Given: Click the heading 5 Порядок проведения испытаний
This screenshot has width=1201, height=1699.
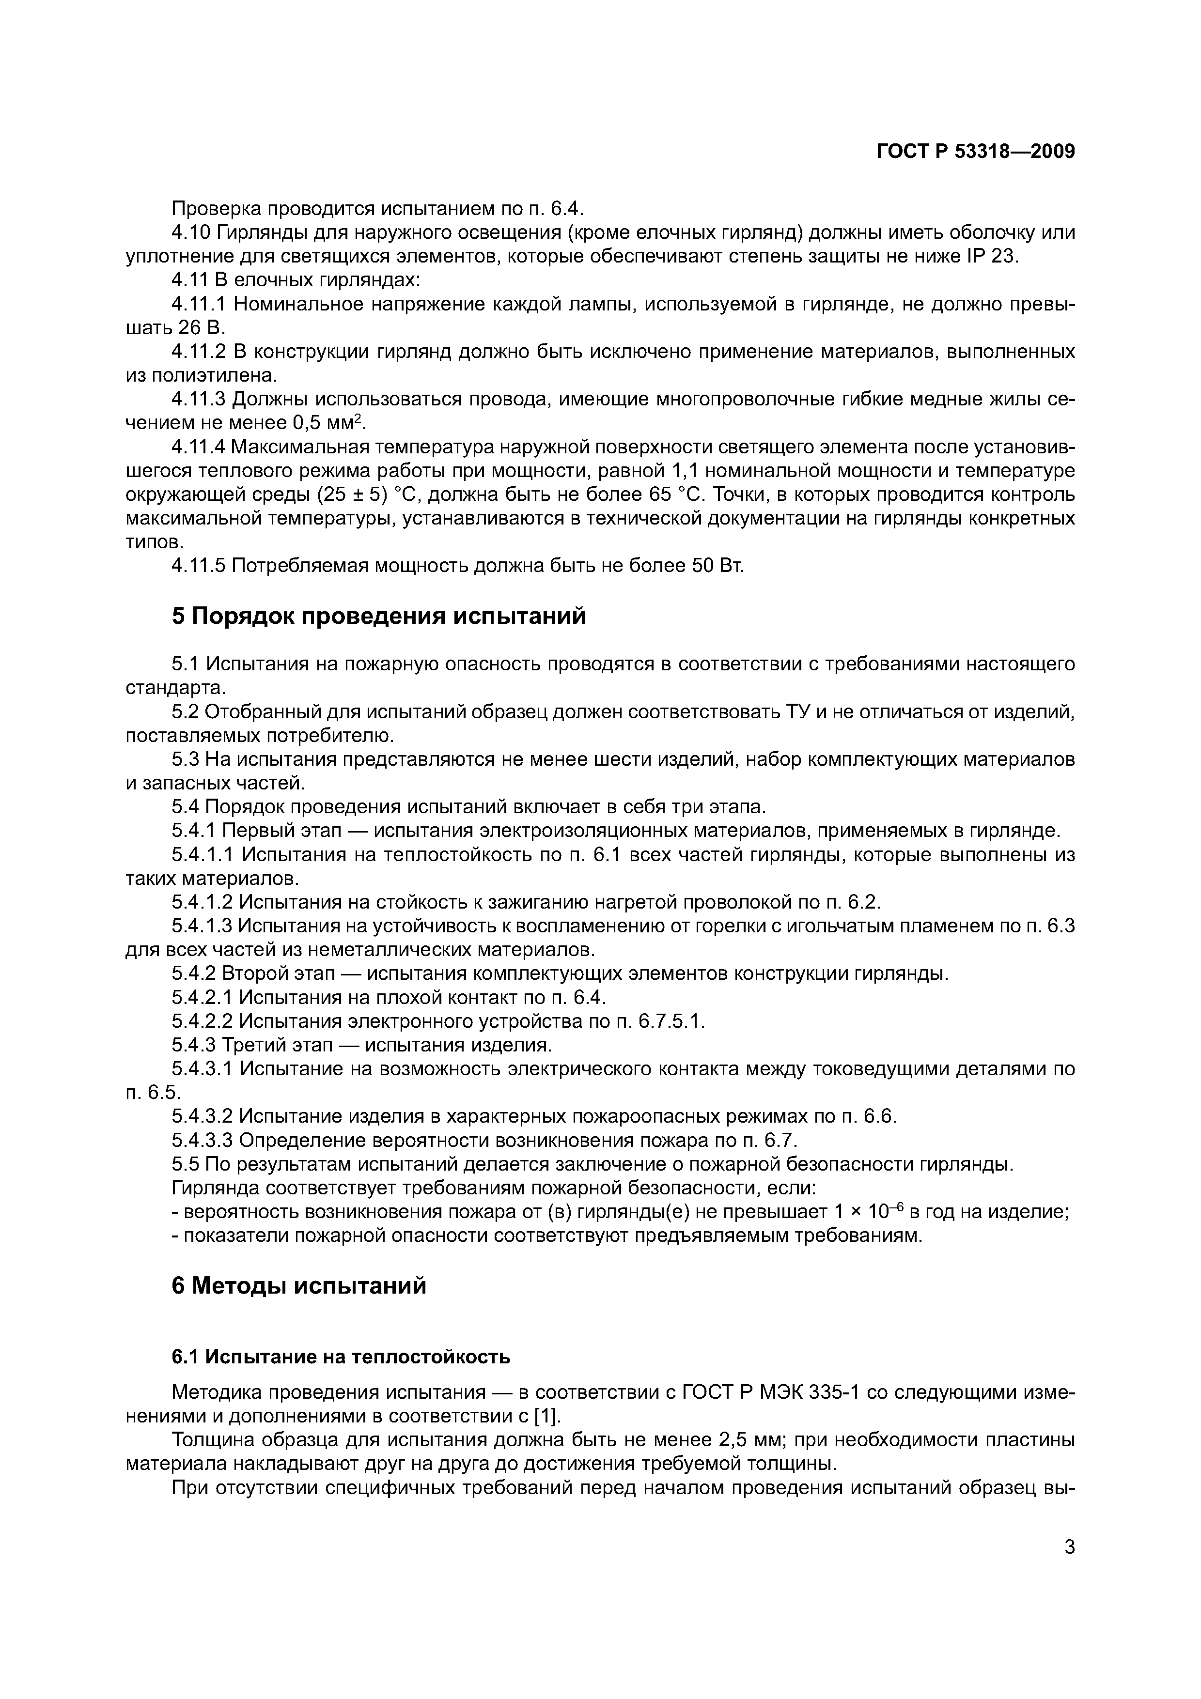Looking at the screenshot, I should tap(378, 616).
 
